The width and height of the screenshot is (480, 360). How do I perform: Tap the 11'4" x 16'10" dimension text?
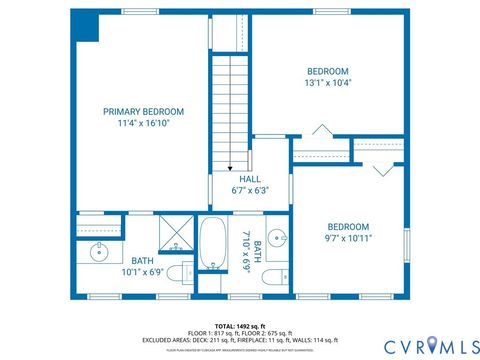click(x=145, y=124)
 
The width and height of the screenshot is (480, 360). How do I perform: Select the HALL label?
click(x=249, y=178)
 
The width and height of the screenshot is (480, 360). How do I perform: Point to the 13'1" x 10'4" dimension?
click(x=328, y=84)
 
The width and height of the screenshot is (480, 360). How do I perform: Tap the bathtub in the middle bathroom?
click(x=211, y=244)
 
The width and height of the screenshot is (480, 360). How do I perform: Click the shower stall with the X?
click(x=177, y=235)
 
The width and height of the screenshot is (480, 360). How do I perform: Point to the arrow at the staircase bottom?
click(x=231, y=167)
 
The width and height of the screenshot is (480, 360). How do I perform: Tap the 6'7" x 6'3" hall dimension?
click(x=249, y=190)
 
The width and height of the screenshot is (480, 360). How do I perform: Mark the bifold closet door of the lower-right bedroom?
click(x=383, y=169)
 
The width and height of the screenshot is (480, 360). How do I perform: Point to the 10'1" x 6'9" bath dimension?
click(x=142, y=272)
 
